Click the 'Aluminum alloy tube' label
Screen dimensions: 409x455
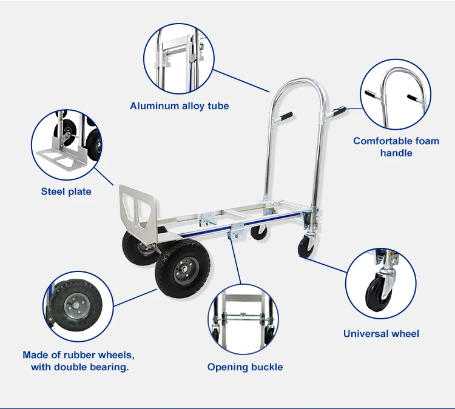point(180,106)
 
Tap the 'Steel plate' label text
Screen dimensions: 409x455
point(66,191)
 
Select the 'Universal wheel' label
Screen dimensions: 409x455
point(381,333)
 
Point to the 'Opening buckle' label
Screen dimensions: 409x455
point(245,367)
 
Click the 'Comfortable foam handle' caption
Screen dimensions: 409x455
point(396,147)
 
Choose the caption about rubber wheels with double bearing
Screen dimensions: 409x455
point(78,361)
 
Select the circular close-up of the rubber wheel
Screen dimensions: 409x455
point(78,306)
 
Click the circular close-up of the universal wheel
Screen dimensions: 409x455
point(382,284)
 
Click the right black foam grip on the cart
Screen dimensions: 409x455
point(337,111)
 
